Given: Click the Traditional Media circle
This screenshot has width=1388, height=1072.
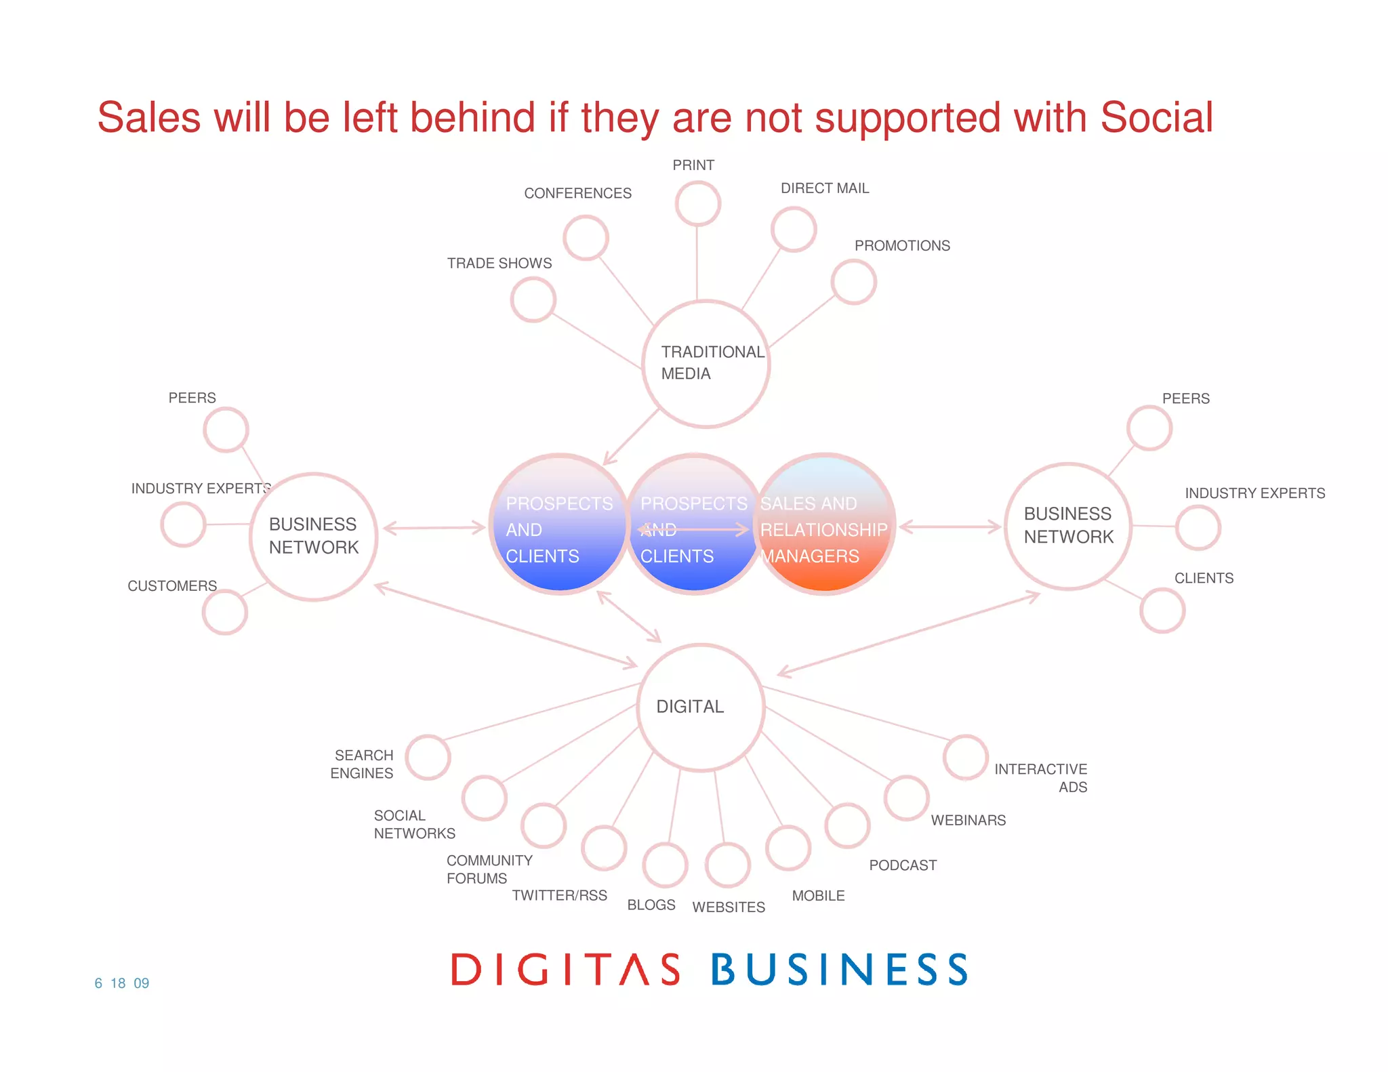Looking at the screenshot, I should point(706,364).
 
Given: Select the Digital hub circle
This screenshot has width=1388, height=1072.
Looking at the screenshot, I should point(701,707).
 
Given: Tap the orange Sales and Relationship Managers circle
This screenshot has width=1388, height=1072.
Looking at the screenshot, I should point(824,524).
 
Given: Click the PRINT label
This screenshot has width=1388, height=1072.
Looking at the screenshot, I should point(693,165).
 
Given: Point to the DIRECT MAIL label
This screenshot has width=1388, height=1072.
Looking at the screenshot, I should point(825,188).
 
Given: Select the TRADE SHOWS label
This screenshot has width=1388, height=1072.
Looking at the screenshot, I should point(499,263).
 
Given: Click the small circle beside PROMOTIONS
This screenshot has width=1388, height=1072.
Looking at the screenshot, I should point(854,282).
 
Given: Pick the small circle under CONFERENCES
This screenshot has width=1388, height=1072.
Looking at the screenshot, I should point(586,238).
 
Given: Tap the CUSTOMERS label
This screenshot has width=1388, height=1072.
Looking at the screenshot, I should point(172,585).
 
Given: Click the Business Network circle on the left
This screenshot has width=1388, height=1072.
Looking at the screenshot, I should point(314,536).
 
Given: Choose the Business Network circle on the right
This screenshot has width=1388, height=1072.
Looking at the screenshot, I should point(1068,526).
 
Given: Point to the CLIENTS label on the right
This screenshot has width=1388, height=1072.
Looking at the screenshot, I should point(1204,578).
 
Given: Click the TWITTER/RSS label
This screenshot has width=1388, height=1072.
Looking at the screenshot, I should point(559,895).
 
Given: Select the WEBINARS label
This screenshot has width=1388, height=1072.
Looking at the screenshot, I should point(968,820).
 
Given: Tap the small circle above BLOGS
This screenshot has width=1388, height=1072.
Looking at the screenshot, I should point(665,865).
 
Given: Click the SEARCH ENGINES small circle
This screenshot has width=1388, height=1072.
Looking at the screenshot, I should point(428,757).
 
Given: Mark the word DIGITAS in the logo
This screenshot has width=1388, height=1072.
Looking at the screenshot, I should point(566,969).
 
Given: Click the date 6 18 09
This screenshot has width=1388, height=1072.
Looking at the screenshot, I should point(122,983).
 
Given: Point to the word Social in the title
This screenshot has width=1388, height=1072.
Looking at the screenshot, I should point(1156,118).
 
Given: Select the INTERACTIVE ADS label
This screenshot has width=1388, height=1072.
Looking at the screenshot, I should point(1040,778).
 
